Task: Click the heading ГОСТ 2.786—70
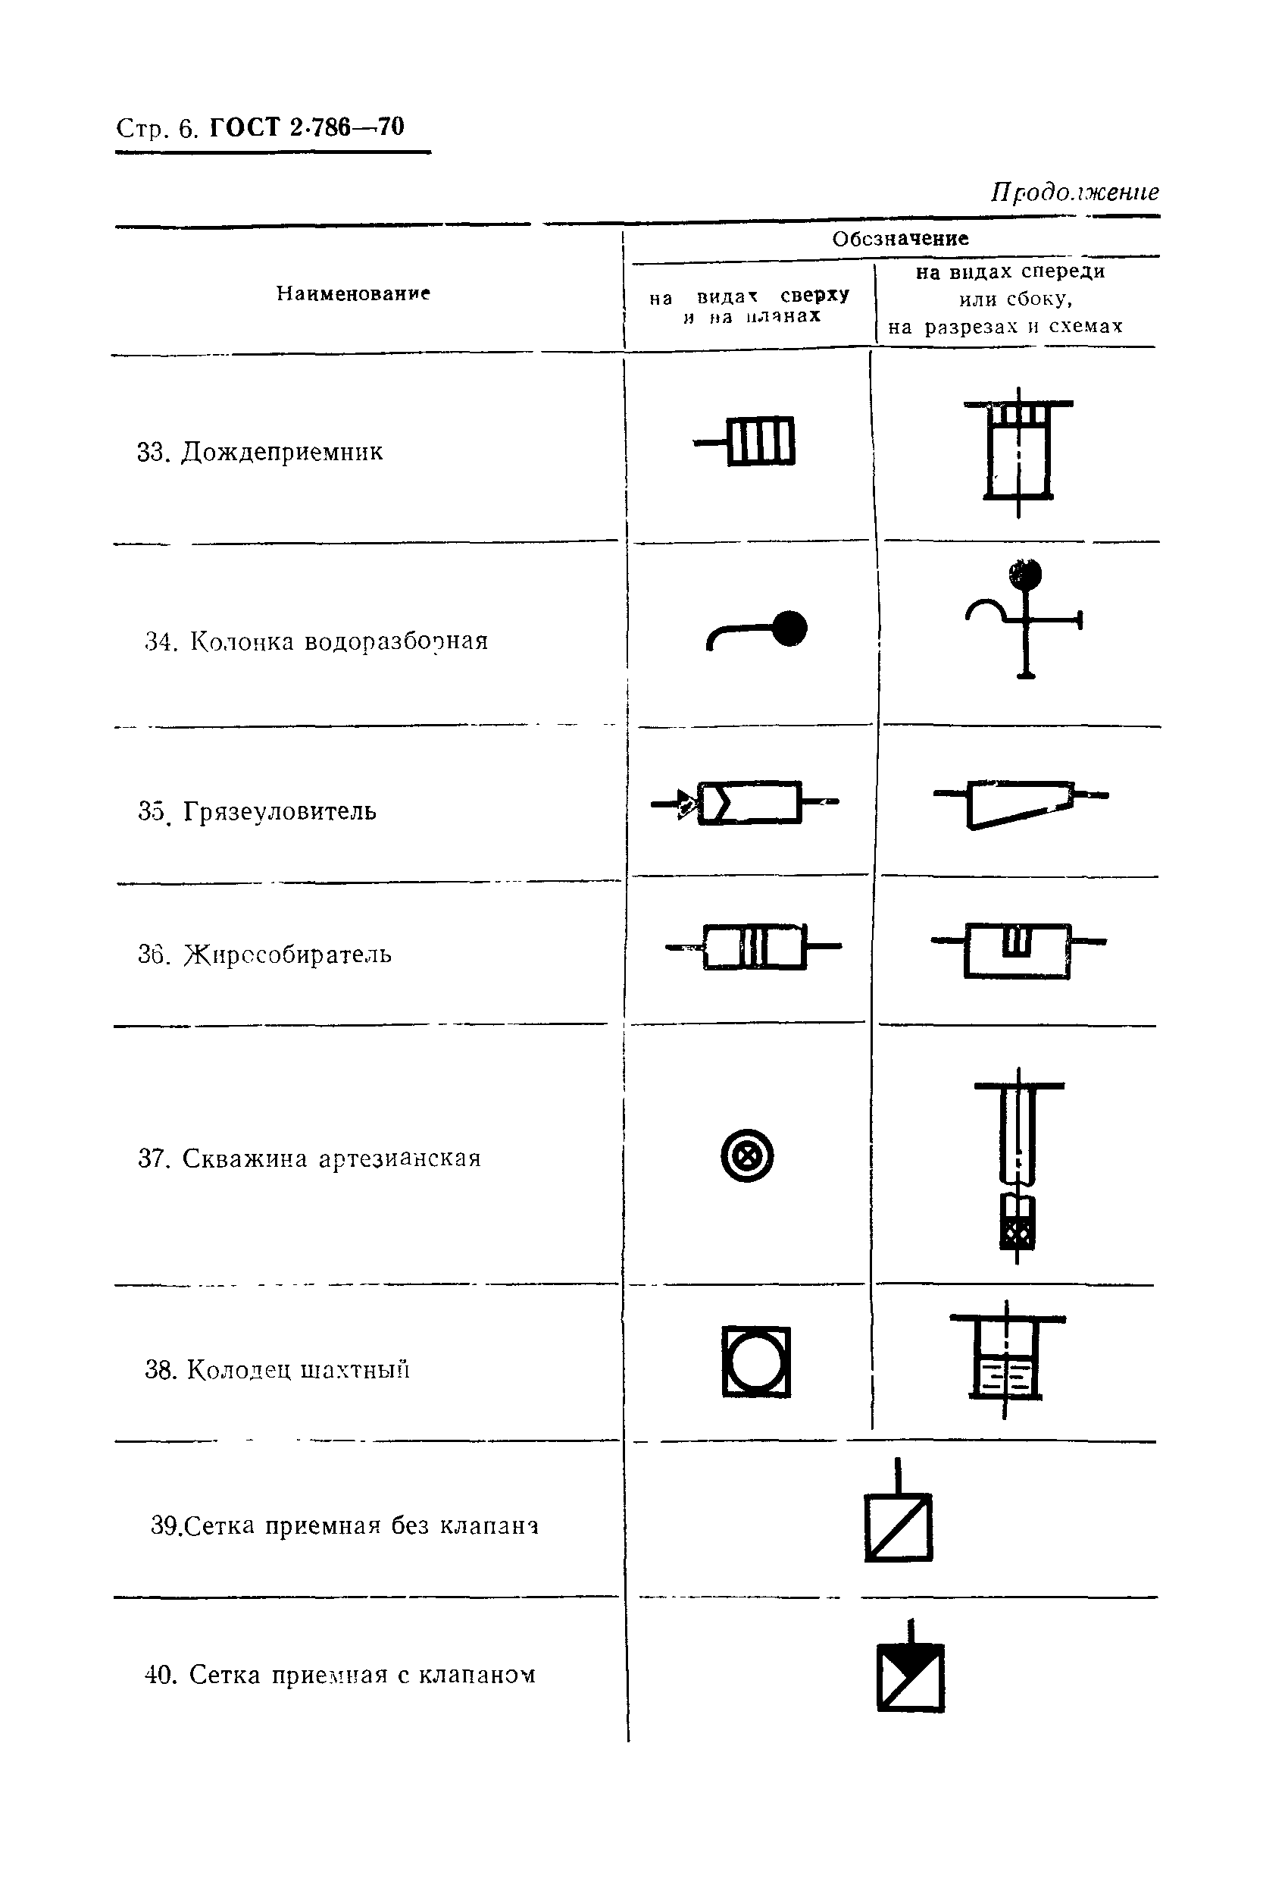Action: tap(307, 127)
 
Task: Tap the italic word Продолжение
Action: tap(1074, 192)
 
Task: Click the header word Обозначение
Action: tap(899, 239)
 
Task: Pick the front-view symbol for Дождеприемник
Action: tap(1018, 451)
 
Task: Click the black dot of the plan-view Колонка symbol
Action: tap(789, 629)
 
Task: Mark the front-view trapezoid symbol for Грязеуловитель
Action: tap(1019, 804)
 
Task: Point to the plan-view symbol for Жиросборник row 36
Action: tap(754, 946)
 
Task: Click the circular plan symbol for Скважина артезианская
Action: tap(747, 1155)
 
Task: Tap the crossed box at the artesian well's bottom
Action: tap(1018, 1236)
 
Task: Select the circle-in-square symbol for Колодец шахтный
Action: tap(755, 1362)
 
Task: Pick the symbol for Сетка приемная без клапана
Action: tap(898, 1527)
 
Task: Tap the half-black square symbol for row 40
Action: tap(910, 1677)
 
